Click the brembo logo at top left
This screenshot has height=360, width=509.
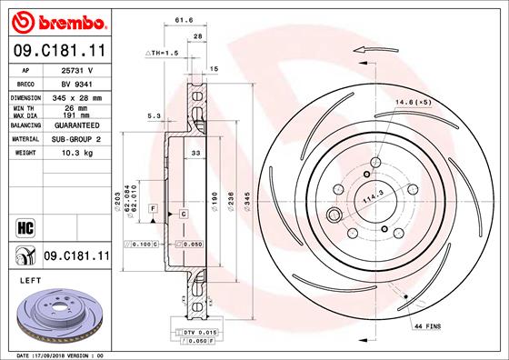(55, 19)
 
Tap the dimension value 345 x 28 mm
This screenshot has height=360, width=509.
(76, 95)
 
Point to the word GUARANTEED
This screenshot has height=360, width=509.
(76, 126)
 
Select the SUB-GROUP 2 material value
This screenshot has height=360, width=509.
(76, 140)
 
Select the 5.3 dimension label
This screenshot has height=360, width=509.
(155, 115)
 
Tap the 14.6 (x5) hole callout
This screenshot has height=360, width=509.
(420, 104)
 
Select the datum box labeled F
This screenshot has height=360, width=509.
(154, 210)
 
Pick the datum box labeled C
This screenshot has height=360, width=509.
(183, 213)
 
